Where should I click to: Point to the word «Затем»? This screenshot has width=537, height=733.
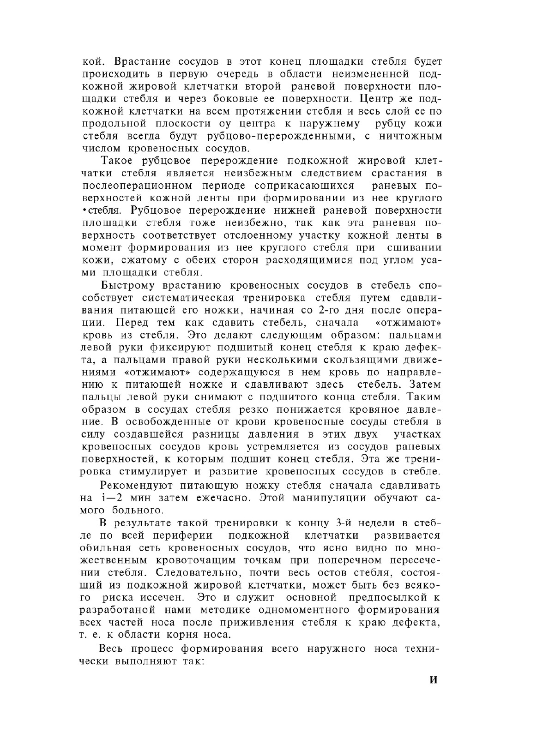tap(426, 385)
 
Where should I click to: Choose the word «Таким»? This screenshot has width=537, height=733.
tap(426, 397)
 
